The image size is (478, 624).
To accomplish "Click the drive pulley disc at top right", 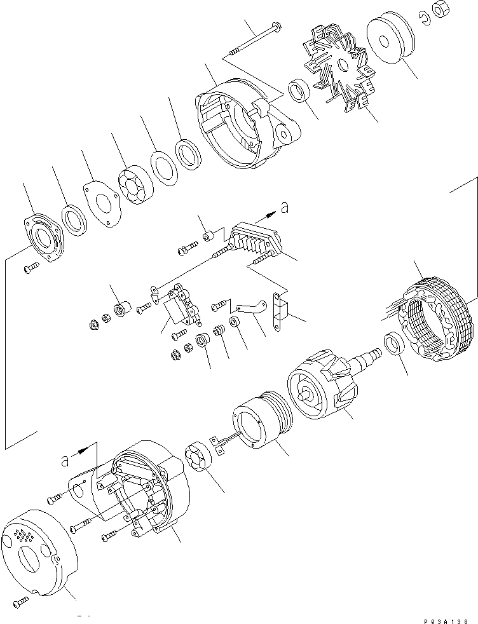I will (x=390, y=41).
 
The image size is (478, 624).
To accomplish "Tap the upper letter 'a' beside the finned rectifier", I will (x=285, y=207).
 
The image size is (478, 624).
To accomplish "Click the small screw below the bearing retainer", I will (x=30, y=270).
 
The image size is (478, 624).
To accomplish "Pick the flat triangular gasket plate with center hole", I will (x=102, y=205).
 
